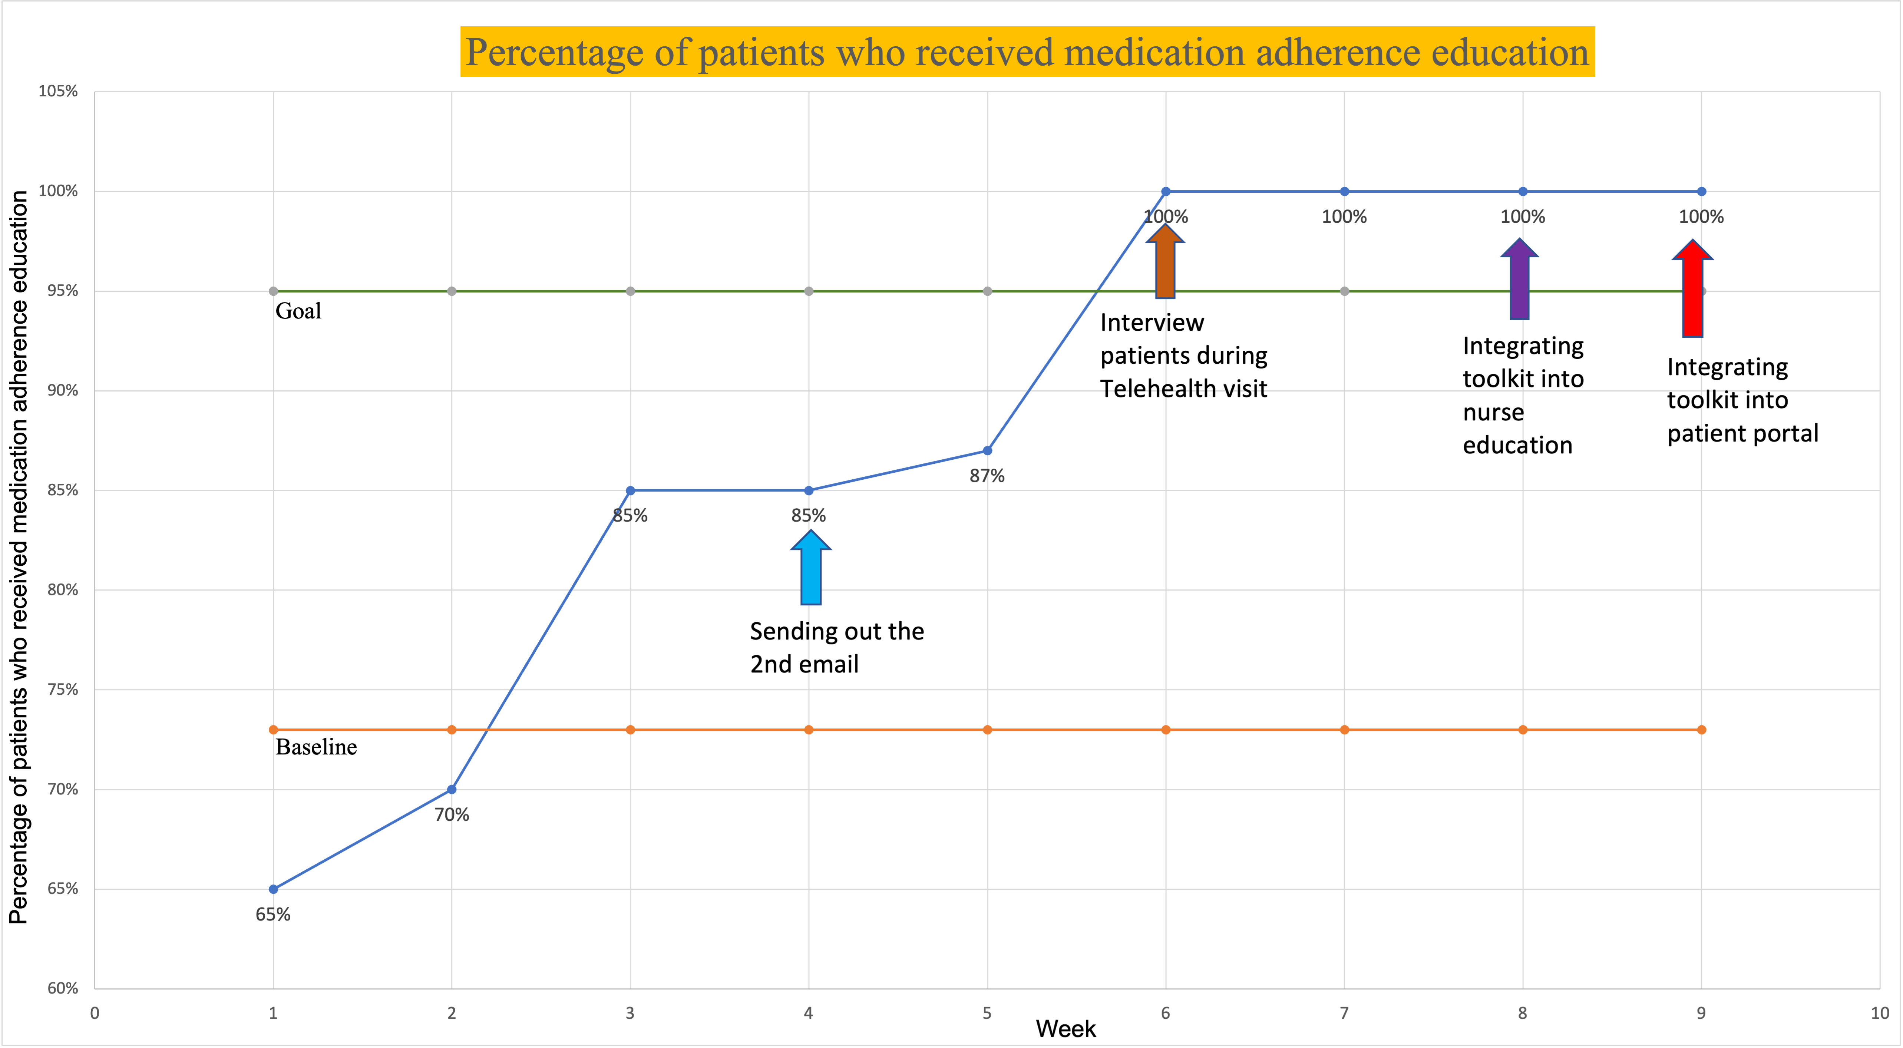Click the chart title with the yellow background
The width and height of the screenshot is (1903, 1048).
(x=1027, y=52)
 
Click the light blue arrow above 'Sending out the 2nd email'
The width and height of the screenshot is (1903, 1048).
(x=810, y=569)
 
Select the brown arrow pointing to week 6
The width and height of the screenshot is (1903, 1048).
(x=1165, y=262)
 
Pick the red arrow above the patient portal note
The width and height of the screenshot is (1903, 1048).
(x=1692, y=290)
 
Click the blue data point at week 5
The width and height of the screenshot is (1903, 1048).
(x=987, y=450)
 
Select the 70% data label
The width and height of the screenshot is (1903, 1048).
(x=451, y=814)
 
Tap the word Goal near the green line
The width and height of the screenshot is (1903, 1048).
(x=298, y=311)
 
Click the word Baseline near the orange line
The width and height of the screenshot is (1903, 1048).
(x=316, y=747)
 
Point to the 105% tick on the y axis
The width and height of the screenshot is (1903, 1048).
(x=58, y=92)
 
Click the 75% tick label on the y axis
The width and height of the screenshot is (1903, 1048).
(x=62, y=690)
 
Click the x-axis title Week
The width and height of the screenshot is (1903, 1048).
(x=1065, y=1029)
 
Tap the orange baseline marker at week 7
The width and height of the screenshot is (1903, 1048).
(x=1344, y=730)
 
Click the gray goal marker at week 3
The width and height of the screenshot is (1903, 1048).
(x=630, y=291)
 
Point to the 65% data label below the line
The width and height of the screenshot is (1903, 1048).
(x=272, y=914)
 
